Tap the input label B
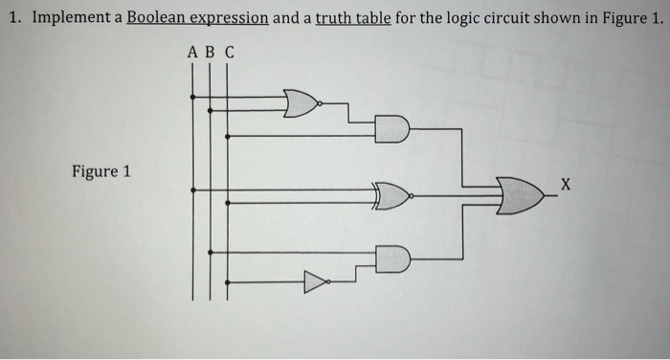(x=210, y=53)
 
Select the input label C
(x=228, y=53)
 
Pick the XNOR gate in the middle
(x=390, y=197)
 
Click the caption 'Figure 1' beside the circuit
(x=100, y=172)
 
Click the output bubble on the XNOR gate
(x=411, y=197)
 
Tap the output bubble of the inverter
(x=330, y=281)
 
